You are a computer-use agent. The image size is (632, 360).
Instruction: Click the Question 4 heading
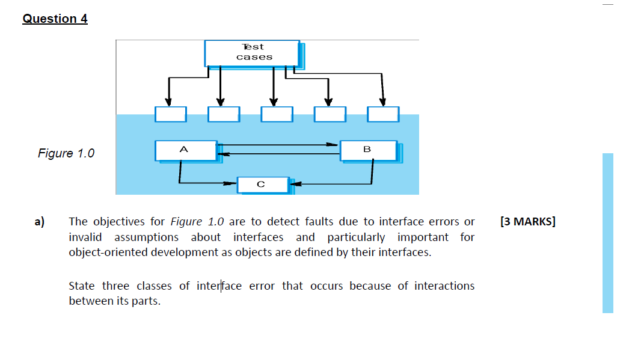(55, 19)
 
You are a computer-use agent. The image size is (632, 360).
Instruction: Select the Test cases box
(253, 53)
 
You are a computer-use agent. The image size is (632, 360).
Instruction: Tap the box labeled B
(368, 150)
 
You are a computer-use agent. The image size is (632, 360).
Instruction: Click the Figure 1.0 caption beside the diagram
(66, 153)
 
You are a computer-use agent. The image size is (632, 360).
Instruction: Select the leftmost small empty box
(170, 114)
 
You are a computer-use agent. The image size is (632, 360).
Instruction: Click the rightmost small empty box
(383, 114)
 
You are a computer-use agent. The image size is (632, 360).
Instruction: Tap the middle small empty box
(277, 114)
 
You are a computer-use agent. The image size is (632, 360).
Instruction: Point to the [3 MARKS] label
(527, 221)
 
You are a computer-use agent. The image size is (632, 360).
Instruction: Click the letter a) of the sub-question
(39, 221)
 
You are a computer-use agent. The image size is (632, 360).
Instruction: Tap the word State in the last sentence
(82, 285)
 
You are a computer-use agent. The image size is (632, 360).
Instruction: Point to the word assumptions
(146, 237)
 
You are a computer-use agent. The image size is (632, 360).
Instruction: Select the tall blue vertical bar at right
(607, 233)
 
